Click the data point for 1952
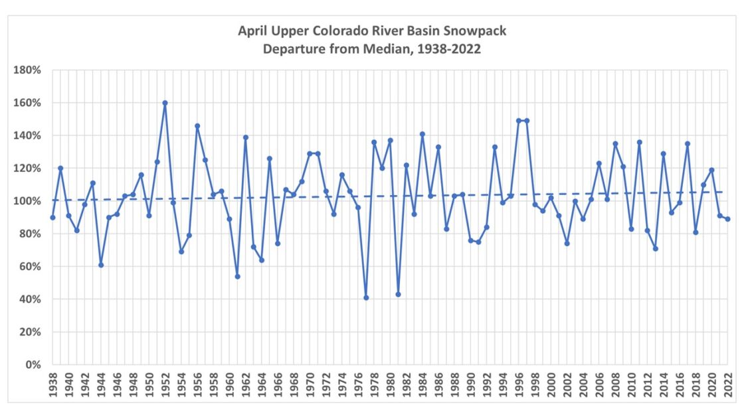[165, 103]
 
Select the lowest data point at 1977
[366, 298]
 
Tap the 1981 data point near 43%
[398, 295]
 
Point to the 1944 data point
[101, 265]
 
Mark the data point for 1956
[197, 125]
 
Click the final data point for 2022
[727, 219]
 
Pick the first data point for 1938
[52, 218]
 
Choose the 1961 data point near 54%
[237, 276]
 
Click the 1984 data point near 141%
[422, 134]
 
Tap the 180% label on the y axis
[30, 70]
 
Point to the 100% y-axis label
[30, 201]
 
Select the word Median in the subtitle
[390, 49]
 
